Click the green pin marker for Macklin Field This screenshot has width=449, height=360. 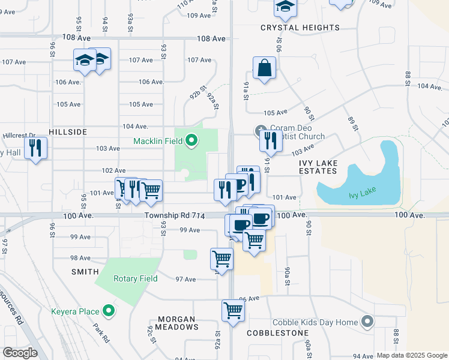point(191,141)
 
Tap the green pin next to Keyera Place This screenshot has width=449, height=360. point(109,310)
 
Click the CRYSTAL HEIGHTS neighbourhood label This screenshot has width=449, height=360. point(300,28)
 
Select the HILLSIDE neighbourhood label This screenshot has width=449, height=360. point(68,131)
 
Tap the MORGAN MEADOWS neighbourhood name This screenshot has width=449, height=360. point(178,323)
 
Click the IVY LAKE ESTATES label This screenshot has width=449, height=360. point(318,167)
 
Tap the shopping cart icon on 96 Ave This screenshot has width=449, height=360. point(233,311)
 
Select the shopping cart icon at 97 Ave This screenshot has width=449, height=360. point(221,259)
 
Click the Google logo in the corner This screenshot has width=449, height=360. point(20,353)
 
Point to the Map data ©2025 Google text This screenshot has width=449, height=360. point(411,355)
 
